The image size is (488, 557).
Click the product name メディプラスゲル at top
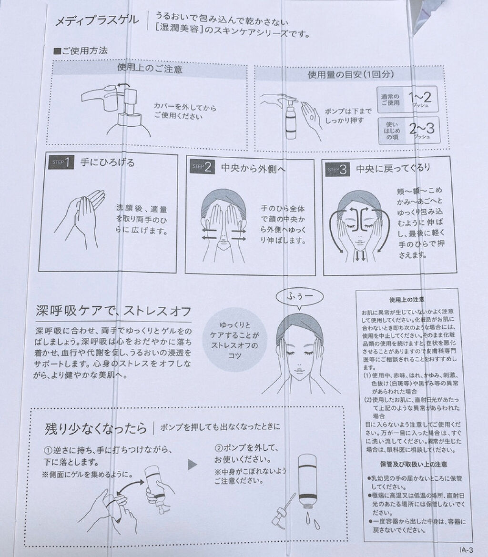(x=98, y=20)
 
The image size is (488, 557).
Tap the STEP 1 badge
(x=61, y=163)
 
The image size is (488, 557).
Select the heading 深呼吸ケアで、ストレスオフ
(x=114, y=312)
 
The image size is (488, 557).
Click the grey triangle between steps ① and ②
(x=193, y=464)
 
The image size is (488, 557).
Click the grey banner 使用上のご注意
(x=149, y=68)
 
